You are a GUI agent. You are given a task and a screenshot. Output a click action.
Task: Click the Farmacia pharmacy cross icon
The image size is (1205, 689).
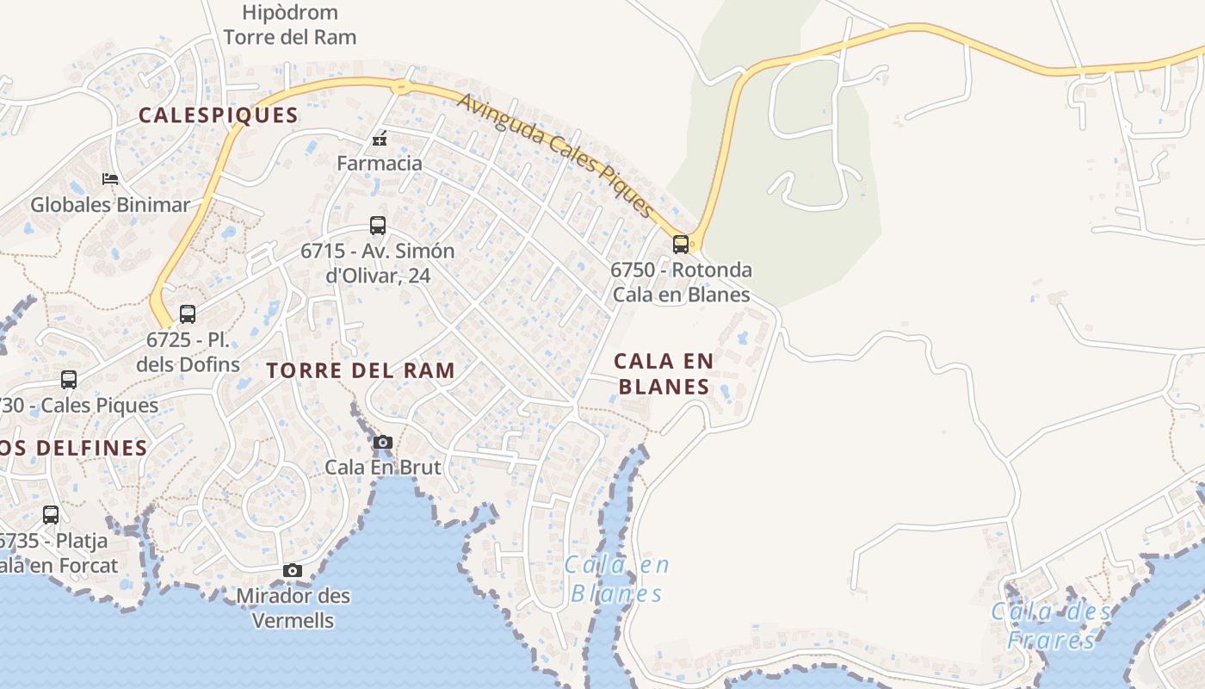tap(379, 139)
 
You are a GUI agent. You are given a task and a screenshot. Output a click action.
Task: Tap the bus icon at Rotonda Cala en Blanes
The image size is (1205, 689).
tap(681, 245)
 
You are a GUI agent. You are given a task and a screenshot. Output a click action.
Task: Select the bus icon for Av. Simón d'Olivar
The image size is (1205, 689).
tap(377, 226)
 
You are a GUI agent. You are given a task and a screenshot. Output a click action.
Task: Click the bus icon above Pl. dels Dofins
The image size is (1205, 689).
tap(188, 314)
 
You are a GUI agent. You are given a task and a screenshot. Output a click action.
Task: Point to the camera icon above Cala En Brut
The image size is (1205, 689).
tap(383, 443)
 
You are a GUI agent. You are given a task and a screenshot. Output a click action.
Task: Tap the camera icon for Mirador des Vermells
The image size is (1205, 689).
tap(293, 570)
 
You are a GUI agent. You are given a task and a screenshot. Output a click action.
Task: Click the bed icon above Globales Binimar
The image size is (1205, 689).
tap(110, 179)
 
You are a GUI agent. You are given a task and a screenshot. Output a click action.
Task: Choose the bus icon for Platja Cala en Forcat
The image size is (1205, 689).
tap(51, 515)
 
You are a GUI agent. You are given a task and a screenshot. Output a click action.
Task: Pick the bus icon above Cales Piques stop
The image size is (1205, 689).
tap(69, 379)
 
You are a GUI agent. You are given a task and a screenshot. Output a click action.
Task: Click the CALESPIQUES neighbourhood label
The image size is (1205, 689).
tap(219, 115)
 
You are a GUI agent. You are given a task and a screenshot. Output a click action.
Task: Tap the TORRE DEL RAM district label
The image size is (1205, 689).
tap(361, 371)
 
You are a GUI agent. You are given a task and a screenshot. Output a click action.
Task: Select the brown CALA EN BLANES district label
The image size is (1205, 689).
tap(664, 374)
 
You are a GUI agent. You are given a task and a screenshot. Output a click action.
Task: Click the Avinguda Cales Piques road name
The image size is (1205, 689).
tap(556, 154)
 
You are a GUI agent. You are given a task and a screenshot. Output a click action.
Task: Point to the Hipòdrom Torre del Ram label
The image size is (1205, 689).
tap(290, 25)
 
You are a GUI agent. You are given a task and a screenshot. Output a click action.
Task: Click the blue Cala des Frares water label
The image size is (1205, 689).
tap(1052, 626)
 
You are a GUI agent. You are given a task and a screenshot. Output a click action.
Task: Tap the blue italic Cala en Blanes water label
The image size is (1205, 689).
tap(618, 580)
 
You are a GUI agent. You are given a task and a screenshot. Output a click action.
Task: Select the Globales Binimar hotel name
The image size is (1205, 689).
tap(109, 205)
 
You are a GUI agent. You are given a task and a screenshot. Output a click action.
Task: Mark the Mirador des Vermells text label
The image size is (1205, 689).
tap(293, 607)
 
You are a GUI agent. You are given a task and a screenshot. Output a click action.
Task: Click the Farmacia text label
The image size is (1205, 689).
tap(380, 163)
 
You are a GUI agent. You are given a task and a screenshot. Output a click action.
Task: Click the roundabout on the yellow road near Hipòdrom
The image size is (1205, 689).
tap(400, 86)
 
